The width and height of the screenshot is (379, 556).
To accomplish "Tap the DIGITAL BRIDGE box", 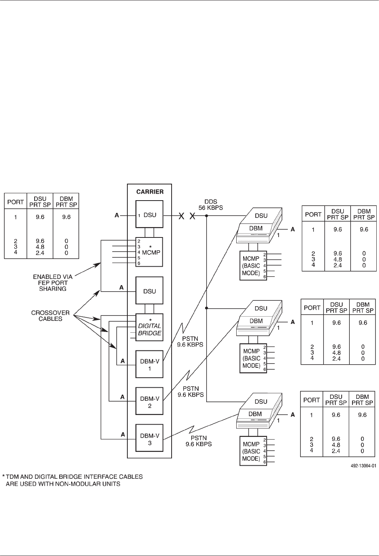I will [x=149, y=327].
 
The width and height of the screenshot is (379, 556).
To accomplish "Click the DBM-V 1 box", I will [x=149, y=364].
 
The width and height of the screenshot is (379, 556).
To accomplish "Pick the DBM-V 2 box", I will [x=149, y=401].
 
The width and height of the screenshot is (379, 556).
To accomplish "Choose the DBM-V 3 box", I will [x=149, y=438].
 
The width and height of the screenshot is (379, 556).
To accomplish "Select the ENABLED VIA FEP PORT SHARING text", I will [x=52, y=282].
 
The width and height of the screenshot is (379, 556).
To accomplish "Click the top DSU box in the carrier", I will [x=149, y=215].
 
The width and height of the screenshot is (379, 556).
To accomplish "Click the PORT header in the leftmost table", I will [x=16, y=201].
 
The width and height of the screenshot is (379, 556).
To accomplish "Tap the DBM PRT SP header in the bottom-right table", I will [x=362, y=400].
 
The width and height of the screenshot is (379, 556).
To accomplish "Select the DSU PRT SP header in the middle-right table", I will [x=337, y=308].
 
